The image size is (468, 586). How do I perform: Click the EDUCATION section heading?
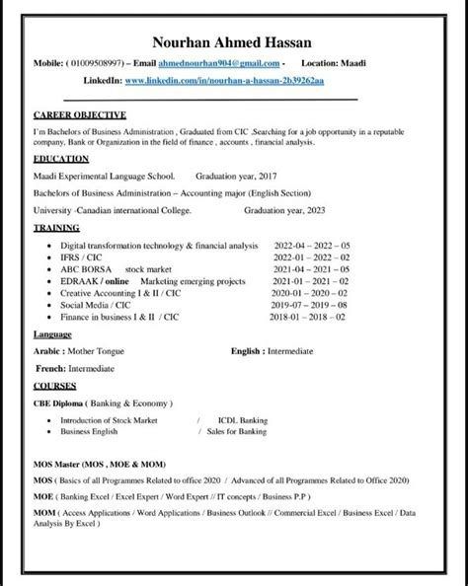coord(60,158)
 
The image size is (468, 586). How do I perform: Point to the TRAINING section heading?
coord(56,227)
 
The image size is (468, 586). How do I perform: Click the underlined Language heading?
coord(52,335)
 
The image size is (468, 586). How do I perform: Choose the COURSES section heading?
coord(55,386)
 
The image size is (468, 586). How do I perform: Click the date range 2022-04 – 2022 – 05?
coord(311,245)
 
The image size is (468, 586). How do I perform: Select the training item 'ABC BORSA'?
coord(86,268)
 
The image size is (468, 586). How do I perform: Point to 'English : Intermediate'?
coord(272,350)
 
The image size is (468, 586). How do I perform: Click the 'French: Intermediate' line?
coord(73,368)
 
